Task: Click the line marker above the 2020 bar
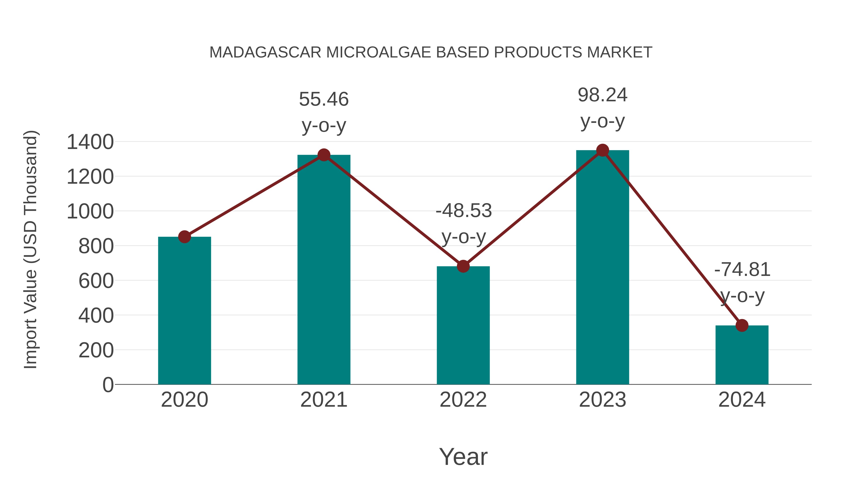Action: [184, 237]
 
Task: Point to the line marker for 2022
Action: [463, 266]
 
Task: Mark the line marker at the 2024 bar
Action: [742, 325]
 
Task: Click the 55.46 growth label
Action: [323, 99]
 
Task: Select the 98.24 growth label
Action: [602, 95]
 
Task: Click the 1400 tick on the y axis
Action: [90, 142]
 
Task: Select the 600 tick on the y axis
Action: [96, 281]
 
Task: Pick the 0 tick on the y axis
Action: [108, 385]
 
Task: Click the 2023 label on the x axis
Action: [602, 400]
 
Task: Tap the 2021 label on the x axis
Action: [323, 400]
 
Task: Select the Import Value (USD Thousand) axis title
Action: [30, 249]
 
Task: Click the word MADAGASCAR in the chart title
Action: [265, 52]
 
